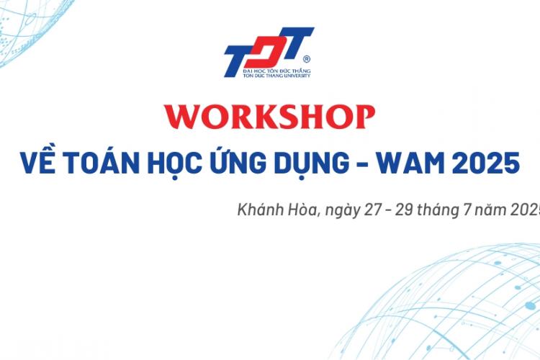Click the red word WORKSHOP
click(x=270, y=117)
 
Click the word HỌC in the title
click(x=175, y=163)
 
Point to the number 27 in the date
click(x=373, y=210)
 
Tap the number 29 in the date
click(x=404, y=210)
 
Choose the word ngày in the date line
click(x=343, y=212)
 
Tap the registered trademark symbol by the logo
click(x=307, y=59)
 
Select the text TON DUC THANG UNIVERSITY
click(x=277, y=76)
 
